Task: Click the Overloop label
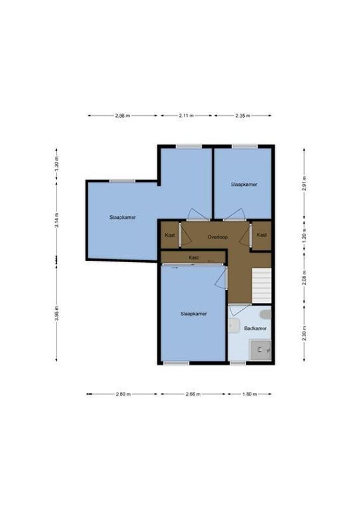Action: coord(217,237)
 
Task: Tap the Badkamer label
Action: coord(255,328)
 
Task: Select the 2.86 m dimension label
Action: coord(122,116)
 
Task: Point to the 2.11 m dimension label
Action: coord(186,116)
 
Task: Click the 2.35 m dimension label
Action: coord(243,116)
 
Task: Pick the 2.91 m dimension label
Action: coord(304,183)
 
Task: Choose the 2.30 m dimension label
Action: coord(304,335)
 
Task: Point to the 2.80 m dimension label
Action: coord(123,394)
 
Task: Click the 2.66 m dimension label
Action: coord(192,394)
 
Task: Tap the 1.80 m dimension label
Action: coord(249,394)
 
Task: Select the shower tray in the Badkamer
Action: coord(261,350)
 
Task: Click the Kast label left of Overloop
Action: coord(170,235)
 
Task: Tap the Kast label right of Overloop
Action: coord(261,235)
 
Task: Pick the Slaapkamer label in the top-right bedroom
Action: coord(244,185)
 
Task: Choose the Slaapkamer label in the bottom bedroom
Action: coord(193,314)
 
